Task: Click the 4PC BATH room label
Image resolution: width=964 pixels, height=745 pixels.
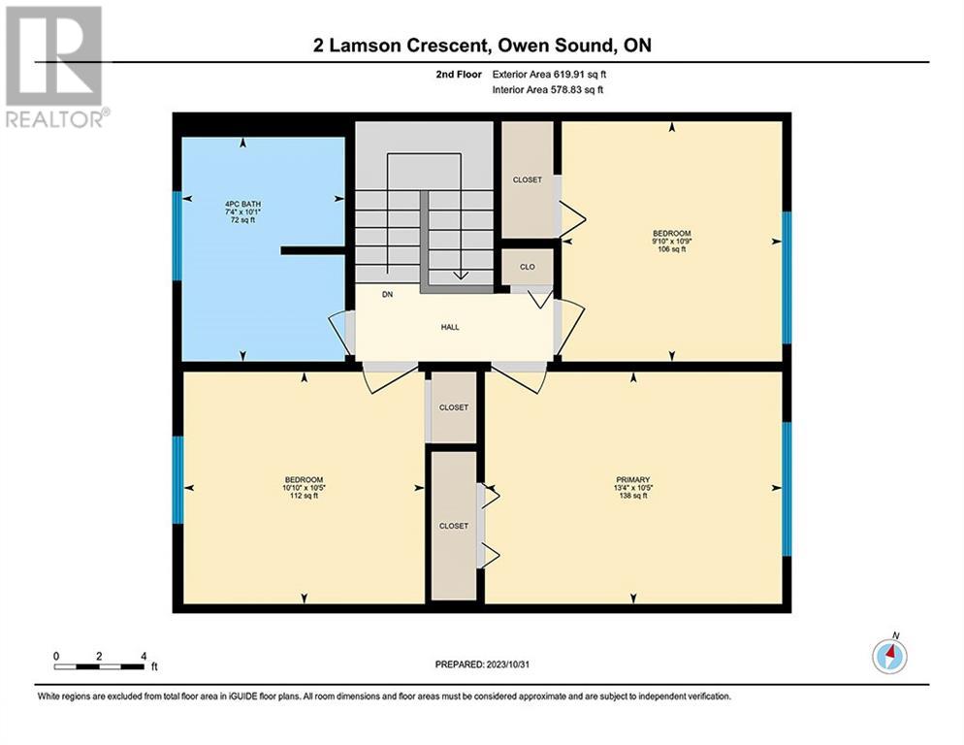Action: pos(242,204)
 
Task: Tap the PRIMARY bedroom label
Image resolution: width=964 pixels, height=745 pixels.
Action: pos(633,480)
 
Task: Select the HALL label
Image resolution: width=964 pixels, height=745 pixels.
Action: pos(450,327)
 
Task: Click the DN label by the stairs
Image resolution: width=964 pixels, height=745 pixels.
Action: pos(387,295)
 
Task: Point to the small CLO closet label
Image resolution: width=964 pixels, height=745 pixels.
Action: pos(528,267)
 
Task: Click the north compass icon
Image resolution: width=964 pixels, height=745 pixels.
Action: pos(889,656)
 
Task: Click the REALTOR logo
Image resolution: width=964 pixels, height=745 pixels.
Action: pos(55,66)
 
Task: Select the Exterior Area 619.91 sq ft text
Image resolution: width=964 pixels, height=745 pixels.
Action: pos(549,75)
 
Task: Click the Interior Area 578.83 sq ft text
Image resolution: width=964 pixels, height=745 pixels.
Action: pos(548,90)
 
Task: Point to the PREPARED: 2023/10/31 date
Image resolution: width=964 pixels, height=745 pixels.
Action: pos(482,664)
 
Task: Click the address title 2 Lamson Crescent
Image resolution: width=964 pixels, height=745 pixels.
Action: pos(401,46)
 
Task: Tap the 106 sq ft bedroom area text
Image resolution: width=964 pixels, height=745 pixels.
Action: pos(672,249)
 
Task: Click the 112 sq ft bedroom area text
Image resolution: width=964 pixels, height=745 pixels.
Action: pos(304,496)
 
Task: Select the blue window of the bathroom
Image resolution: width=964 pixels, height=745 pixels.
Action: pos(177,237)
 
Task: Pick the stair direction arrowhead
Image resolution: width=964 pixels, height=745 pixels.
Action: pos(460,275)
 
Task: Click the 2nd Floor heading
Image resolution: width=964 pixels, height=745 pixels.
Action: pos(459,75)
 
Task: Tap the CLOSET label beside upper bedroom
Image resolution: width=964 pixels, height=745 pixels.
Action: pos(528,179)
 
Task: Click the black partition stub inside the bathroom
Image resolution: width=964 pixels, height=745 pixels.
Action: pos(312,250)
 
